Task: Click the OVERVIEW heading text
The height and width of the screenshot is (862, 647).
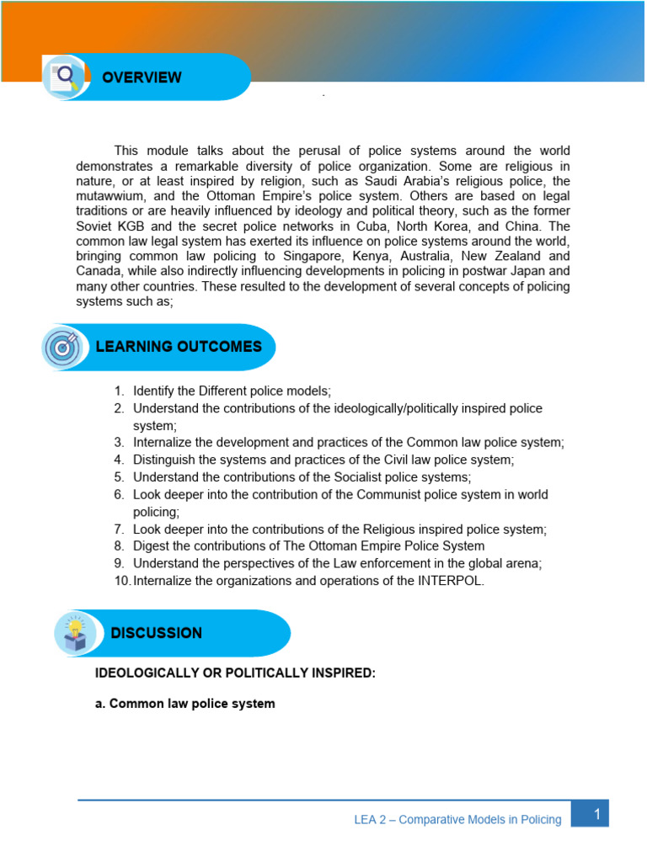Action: (x=142, y=77)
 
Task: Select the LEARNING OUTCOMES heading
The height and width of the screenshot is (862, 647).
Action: (x=179, y=347)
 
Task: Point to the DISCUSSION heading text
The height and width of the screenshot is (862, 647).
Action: (x=156, y=633)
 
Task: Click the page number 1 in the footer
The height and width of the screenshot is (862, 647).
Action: (x=596, y=814)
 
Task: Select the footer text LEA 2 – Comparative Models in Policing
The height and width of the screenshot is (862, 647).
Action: (x=457, y=820)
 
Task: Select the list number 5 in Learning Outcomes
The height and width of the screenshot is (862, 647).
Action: (x=120, y=477)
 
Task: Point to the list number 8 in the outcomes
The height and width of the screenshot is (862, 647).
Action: (x=120, y=546)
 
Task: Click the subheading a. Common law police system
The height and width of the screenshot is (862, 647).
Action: (x=185, y=703)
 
